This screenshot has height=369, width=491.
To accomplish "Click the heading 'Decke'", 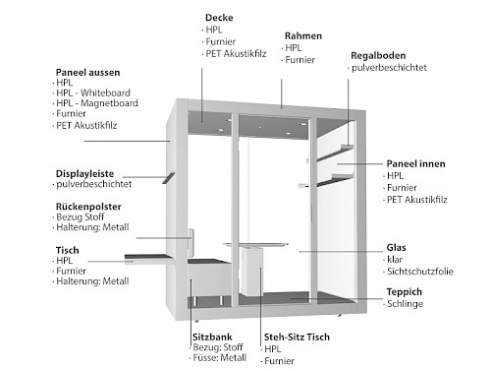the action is coord(219,18).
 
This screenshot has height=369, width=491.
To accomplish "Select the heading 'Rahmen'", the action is coord(303,35).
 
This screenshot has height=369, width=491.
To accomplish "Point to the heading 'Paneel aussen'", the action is coord(87,72).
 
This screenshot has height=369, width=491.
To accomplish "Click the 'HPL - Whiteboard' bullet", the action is coord(93,92).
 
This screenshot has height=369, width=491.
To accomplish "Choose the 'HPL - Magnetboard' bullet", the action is coord(97,103).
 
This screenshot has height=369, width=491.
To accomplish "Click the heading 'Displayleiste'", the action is coord(84,173).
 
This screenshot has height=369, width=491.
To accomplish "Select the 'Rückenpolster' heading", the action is coord(88,207).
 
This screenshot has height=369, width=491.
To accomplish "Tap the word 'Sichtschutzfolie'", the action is coord(420,272).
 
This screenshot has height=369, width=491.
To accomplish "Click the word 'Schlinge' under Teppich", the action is coord(405,304).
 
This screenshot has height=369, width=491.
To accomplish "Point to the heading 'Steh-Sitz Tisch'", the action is coord(297,338).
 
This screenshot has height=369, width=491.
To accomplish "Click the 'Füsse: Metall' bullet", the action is coord(219,357).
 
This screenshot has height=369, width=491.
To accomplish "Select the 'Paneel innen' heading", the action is coord(415,163).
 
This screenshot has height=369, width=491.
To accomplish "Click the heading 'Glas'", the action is coord(396,248).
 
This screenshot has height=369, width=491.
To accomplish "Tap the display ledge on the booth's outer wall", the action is coord(169,178).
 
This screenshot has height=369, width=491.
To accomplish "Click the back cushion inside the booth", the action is coord(191,243).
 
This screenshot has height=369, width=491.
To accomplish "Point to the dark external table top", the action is coord(148,257).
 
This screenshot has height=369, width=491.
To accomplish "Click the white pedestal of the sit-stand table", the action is coord(251,272).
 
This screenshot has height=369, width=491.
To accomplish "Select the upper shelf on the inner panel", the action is coord(336,153).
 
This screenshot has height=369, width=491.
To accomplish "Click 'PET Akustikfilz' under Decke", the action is coord(236,54).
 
